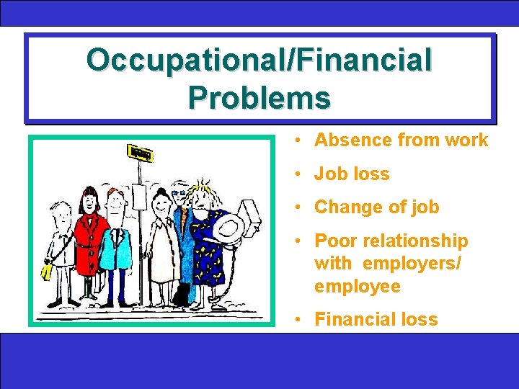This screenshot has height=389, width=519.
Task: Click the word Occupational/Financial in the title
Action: pyautogui.click(x=259, y=60)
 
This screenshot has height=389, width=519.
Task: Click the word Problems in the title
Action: pyautogui.click(x=259, y=96)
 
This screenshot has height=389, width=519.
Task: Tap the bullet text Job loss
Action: pyautogui.click(x=352, y=174)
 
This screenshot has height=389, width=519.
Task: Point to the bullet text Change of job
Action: pyautogui.click(x=376, y=207)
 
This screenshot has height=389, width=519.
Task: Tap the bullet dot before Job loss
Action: pyautogui.click(x=297, y=174)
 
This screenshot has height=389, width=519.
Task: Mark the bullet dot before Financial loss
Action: pyautogui.click(x=297, y=319)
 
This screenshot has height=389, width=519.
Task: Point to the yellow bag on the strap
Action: pyautogui.click(x=48, y=271)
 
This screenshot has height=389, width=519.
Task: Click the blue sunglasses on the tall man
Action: pyautogui.click(x=178, y=194)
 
